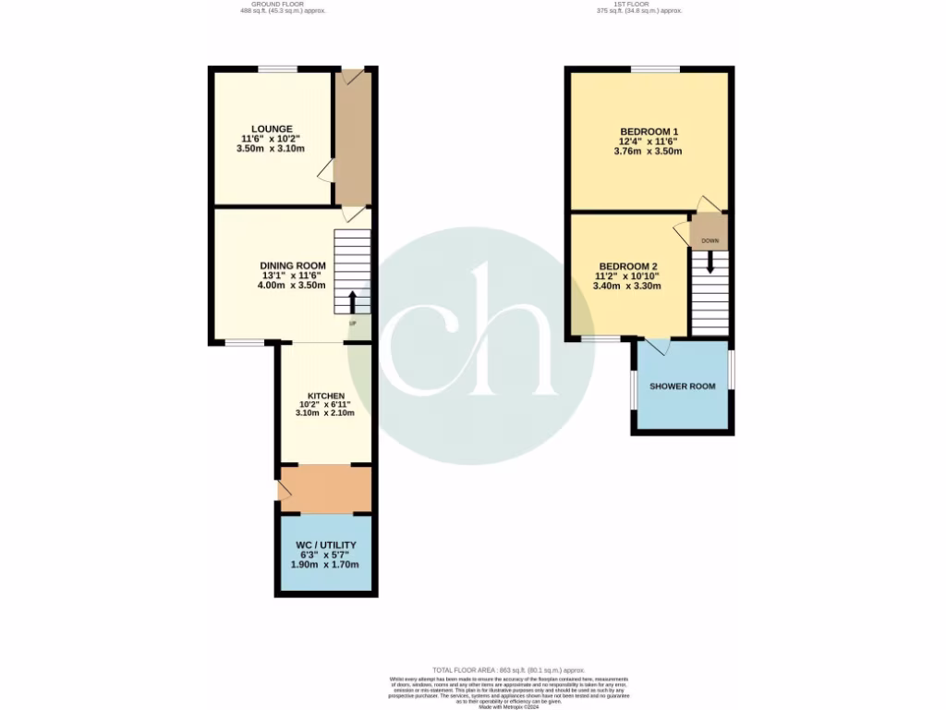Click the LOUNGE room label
tap(273, 129)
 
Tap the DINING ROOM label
tap(292, 265)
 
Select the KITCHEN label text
tap(326, 396)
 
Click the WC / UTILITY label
tap(326, 545)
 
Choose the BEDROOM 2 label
tap(626, 265)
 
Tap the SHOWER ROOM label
tap(683, 386)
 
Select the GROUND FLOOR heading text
tap(282, 5)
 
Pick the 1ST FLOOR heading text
tap(638, 5)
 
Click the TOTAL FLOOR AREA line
tap(509, 669)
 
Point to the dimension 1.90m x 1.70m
tap(326, 565)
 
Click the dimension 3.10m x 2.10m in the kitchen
tap(326, 414)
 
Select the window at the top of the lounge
tap(277, 68)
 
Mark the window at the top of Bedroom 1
tap(655, 68)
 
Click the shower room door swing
tap(658, 347)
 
